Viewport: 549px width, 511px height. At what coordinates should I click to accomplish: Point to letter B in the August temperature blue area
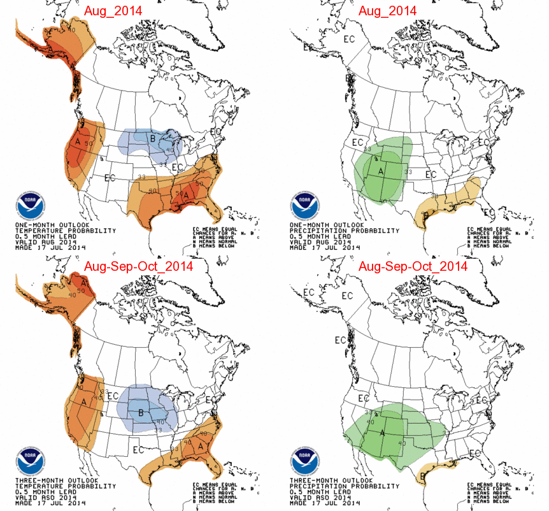pyautogui.click(x=152, y=138)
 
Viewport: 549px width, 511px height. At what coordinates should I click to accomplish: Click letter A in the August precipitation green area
pyautogui.click(x=381, y=171)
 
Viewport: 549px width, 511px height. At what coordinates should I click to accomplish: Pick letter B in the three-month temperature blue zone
pyautogui.click(x=141, y=413)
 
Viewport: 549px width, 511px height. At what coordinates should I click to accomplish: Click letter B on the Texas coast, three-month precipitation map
pyautogui.click(x=424, y=475)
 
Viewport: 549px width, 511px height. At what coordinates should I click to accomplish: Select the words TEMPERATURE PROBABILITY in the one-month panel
pyautogui.click(x=65, y=230)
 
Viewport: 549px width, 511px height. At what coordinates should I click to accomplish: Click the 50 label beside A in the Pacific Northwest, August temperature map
pyautogui.click(x=89, y=144)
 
